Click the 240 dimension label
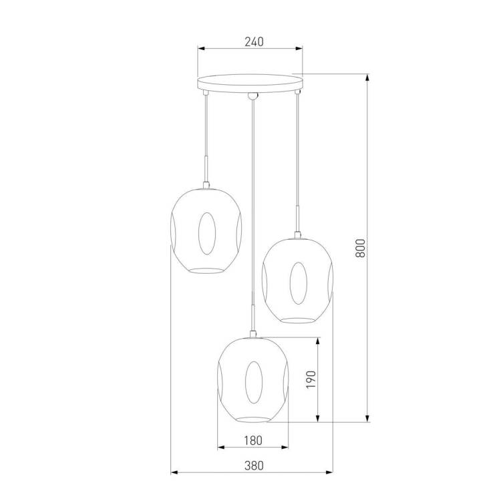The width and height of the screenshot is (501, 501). (255, 42)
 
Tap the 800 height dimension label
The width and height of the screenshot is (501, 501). (360, 248)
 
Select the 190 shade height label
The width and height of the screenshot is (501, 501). (311, 379)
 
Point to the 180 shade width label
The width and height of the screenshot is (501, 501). (253, 441)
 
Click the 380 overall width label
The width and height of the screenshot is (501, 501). (255, 466)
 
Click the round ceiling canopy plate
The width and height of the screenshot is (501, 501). (250, 83)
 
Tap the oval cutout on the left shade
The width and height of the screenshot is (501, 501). (206, 233)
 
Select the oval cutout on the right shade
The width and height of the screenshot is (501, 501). (299, 283)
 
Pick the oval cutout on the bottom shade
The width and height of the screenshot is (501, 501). (254, 383)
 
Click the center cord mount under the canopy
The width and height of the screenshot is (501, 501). (253, 96)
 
